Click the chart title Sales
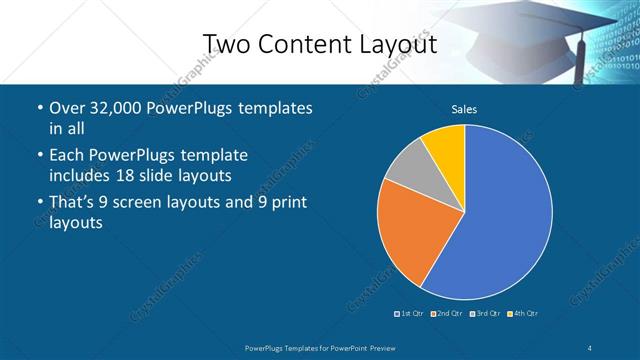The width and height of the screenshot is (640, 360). pyautogui.click(x=464, y=109)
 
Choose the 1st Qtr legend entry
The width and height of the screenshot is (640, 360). pyautogui.click(x=409, y=314)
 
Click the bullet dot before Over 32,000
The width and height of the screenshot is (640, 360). pyautogui.click(x=38, y=108)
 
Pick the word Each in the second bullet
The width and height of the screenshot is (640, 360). pyautogui.click(x=66, y=156)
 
